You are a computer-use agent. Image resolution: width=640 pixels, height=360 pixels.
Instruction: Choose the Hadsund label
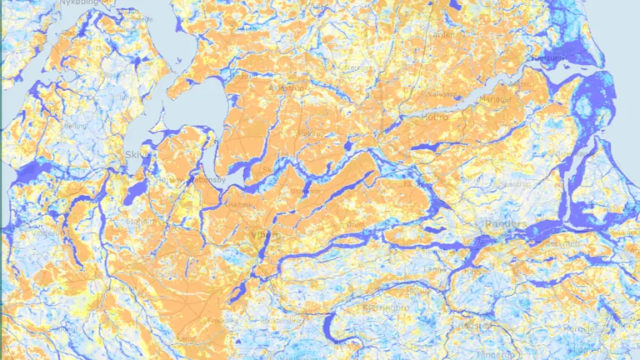551,59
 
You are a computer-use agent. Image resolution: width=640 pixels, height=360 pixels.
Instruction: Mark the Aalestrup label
287,87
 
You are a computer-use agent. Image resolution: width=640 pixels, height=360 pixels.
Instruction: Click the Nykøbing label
77,3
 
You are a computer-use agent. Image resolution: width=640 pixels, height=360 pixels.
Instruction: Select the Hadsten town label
480,327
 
